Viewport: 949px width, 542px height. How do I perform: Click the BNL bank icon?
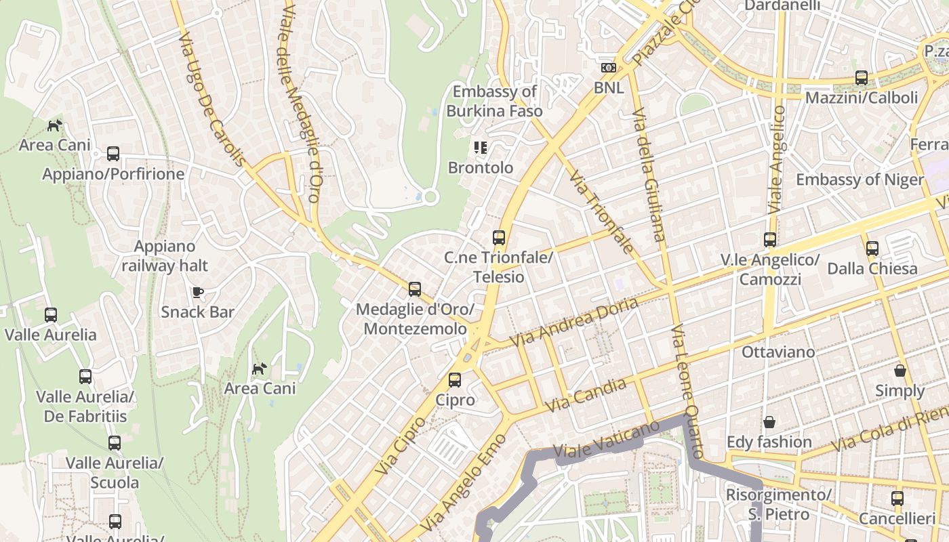(608, 68)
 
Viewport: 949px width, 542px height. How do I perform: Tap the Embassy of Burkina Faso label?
(494, 101)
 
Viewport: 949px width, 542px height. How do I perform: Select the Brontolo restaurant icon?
(481, 147)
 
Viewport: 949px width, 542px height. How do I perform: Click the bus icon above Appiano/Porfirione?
(113, 154)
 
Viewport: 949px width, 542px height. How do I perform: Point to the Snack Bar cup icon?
(197, 292)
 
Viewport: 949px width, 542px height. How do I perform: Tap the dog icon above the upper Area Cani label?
(55, 125)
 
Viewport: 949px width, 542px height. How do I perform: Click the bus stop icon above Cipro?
(455, 380)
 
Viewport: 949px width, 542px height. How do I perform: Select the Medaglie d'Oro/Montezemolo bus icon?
(415, 289)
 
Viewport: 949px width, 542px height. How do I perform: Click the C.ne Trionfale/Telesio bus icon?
(499, 238)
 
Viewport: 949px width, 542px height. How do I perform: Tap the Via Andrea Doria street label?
(574, 322)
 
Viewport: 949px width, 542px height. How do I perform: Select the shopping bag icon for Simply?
(900, 371)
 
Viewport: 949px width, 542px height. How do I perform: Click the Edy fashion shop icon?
(769, 422)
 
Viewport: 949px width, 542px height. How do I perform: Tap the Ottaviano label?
(778, 352)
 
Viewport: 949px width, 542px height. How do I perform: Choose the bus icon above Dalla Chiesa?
(872, 249)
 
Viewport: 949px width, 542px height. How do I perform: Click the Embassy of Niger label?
(859, 180)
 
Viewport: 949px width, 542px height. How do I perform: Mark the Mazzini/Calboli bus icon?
(861, 78)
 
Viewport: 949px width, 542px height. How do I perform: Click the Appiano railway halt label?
(165, 256)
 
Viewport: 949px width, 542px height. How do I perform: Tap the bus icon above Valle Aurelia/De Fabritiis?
(85, 377)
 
